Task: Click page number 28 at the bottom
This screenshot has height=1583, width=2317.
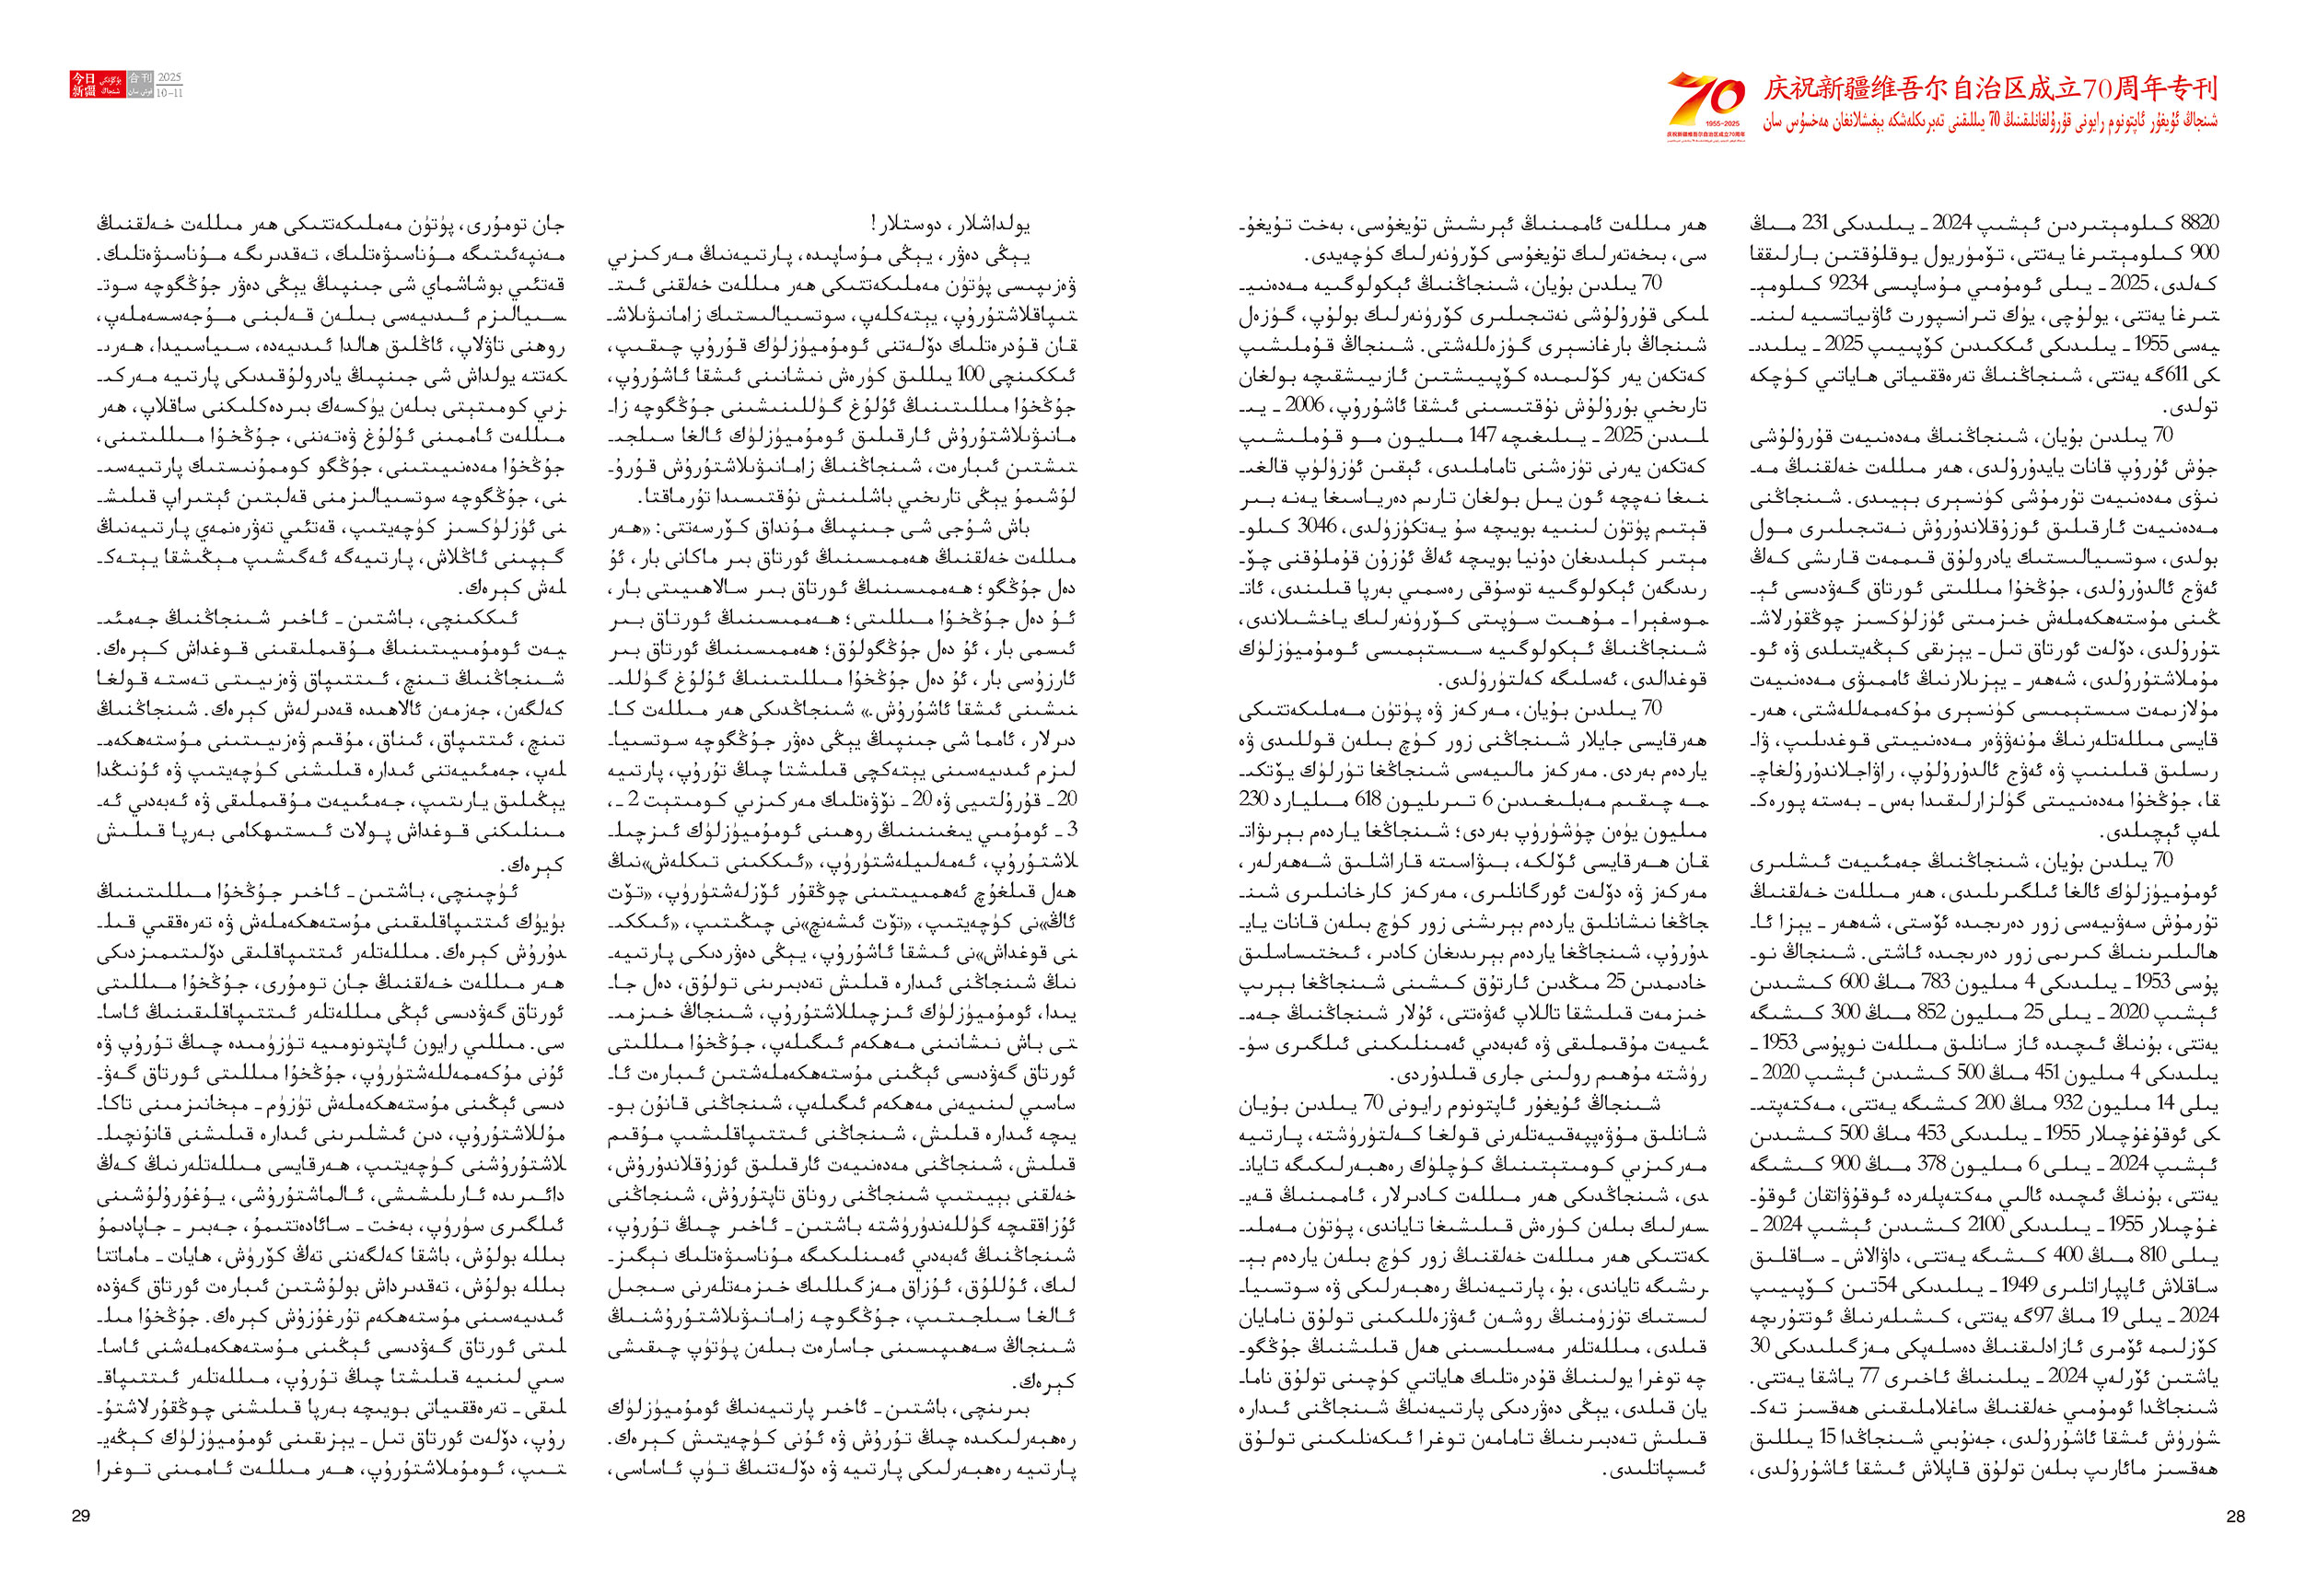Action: coord(2235,1516)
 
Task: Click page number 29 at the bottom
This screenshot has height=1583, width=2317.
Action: coord(81,1516)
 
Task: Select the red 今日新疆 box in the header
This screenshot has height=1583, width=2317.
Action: coord(83,85)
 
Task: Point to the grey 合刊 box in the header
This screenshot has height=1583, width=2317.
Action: coord(141,77)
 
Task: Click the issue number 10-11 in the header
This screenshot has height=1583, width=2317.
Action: coord(170,93)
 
